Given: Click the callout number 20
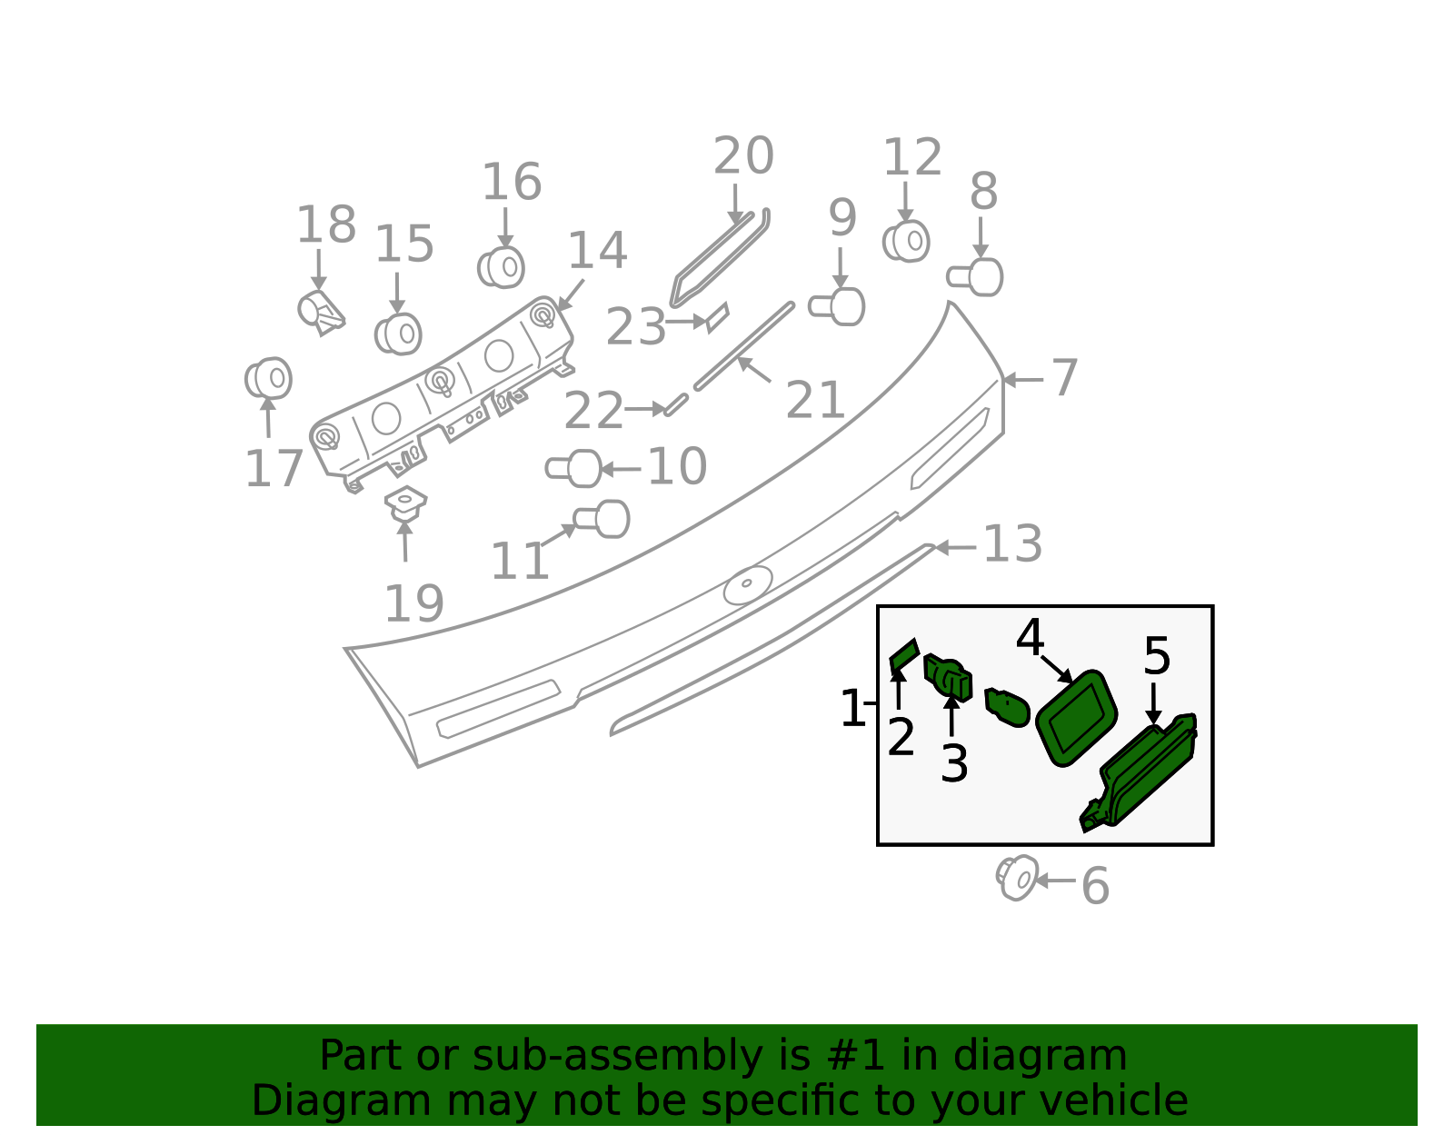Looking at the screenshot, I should (742, 156).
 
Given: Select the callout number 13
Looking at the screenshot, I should (1012, 544).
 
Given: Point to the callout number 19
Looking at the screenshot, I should (414, 604).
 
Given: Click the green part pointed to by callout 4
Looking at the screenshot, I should (1076, 717).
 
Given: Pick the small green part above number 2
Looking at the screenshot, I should (904, 653).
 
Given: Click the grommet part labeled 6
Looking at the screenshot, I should (1017, 877).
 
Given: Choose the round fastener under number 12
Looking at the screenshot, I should (906, 241).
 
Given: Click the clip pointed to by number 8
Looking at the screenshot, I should (976, 277).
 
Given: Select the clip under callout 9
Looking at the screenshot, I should (838, 307).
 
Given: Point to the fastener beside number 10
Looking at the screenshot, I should (574, 469).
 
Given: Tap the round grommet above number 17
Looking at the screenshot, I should (268, 378).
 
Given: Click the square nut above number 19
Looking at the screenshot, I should (405, 503).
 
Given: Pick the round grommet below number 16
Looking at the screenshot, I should (502, 267).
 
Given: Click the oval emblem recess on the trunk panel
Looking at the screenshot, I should (748, 585).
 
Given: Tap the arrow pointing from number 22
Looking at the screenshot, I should (647, 409).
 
